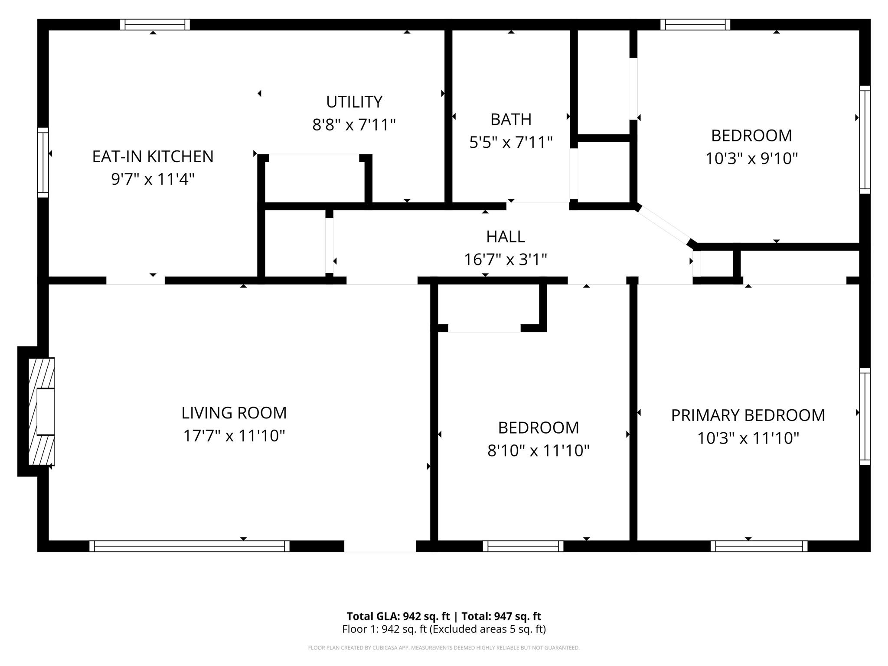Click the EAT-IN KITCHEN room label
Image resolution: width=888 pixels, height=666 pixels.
click(153, 157)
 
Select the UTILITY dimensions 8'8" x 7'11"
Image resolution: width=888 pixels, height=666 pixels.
click(354, 125)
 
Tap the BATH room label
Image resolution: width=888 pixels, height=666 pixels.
click(511, 119)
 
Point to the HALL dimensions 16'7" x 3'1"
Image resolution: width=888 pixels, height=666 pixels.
click(505, 260)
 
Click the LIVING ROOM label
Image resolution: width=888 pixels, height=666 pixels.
click(234, 413)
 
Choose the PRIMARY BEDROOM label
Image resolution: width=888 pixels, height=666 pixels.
click(748, 415)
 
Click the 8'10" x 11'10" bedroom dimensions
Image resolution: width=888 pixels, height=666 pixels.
click(538, 451)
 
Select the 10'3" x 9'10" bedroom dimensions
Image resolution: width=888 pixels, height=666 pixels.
click(751, 159)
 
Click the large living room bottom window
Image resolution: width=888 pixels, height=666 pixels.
click(189, 546)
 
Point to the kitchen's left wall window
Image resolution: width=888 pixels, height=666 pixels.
click(43, 162)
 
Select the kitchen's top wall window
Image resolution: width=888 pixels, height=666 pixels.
click(155, 25)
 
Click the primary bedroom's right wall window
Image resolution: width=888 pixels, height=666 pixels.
click(865, 416)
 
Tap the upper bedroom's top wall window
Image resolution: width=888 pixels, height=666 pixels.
click(695, 25)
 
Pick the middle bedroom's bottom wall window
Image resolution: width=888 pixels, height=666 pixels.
click(523, 546)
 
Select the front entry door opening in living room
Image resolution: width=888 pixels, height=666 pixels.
click(380, 546)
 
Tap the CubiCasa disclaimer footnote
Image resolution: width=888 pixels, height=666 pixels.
click(444, 648)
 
